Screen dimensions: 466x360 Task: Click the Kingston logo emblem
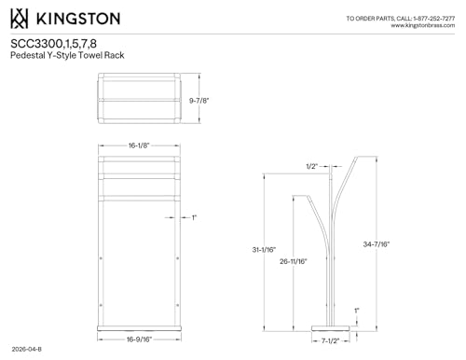click(x=19, y=19)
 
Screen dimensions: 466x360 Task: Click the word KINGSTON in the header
click(x=78, y=19)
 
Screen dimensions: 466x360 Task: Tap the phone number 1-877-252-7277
click(x=434, y=19)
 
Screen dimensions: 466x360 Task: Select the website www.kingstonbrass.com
click(x=423, y=25)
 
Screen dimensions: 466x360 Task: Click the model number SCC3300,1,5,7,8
click(x=53, y=44)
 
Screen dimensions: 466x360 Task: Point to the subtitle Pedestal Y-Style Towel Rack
click(x=67, y=55)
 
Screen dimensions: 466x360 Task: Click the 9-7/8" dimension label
click(x=199, y=101)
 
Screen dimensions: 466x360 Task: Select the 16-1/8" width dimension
click(x=139, y=145)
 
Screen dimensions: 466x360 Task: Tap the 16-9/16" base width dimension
click(x=139, y=339)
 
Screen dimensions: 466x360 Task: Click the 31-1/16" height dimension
click(x=264, y=250)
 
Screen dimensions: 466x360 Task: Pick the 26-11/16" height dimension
click(x=294, y=261)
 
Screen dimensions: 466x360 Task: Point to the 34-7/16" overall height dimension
click(x=377, y=244)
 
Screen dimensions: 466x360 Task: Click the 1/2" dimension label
click(x=312, y=166)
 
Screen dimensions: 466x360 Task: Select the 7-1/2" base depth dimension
click(x=330, y=341)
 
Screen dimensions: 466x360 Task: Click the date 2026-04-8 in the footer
click(x=27, y=349)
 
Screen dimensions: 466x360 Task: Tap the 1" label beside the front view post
click(x=194, y=217)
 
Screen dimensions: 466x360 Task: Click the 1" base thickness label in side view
click(x=357, y=311)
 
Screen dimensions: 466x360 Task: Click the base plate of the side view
click(x=331, y=328)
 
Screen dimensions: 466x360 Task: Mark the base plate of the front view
click(x=139, y=328)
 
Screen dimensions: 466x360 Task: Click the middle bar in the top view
click(x=139, y=100)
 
